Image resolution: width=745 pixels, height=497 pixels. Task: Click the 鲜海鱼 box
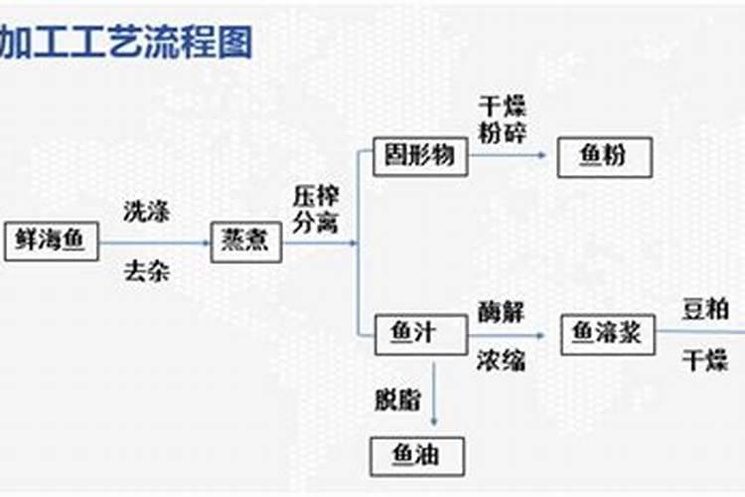(x=52, y=242)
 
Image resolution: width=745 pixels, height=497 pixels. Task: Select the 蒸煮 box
(x=246, y=242)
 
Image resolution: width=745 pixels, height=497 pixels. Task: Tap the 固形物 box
(x=420, y=156)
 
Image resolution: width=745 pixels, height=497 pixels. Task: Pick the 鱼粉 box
(x=604, y=157)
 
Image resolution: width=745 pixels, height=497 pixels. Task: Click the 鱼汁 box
(x=421, y=334)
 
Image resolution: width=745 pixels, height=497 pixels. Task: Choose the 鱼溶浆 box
(x=608, y=334)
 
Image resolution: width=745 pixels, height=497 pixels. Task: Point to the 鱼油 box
(x=417, y=456)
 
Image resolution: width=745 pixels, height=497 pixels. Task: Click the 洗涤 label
(x=146, y=212)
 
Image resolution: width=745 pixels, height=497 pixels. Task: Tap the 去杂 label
(x=146, y=272)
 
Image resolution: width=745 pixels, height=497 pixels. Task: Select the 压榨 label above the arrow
(x=316, y=196)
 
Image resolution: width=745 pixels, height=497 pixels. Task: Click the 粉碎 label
(x=503, y=132)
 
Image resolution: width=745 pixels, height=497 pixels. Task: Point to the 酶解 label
(x=501, y=312)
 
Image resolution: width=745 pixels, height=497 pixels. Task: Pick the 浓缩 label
(x=501, y=361)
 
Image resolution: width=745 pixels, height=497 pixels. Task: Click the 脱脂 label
(x=397, y=400)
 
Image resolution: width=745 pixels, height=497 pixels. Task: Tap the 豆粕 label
(x=705, y=309)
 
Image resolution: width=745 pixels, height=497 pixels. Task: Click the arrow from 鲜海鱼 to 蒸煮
(x=155, y=243)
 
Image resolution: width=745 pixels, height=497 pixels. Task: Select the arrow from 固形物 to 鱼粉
(x=507, y=155)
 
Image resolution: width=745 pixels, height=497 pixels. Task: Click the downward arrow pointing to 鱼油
(x=434, y=395)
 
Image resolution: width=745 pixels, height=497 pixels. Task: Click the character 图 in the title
(x=235, y=42)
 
